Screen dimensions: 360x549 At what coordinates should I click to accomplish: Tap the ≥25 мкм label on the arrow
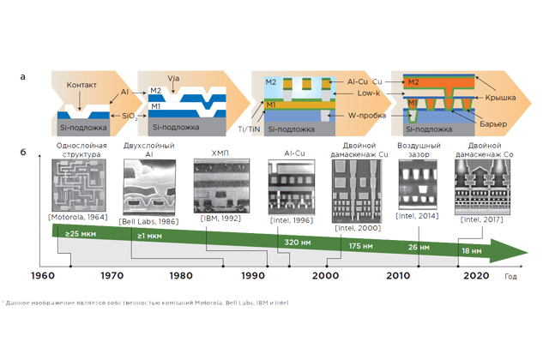pos(71,233)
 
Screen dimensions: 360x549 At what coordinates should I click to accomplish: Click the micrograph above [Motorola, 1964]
pos(80,184)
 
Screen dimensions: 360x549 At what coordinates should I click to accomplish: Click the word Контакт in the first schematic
pos(81,87)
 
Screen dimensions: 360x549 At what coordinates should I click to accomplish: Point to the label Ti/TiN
pos(249,125)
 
